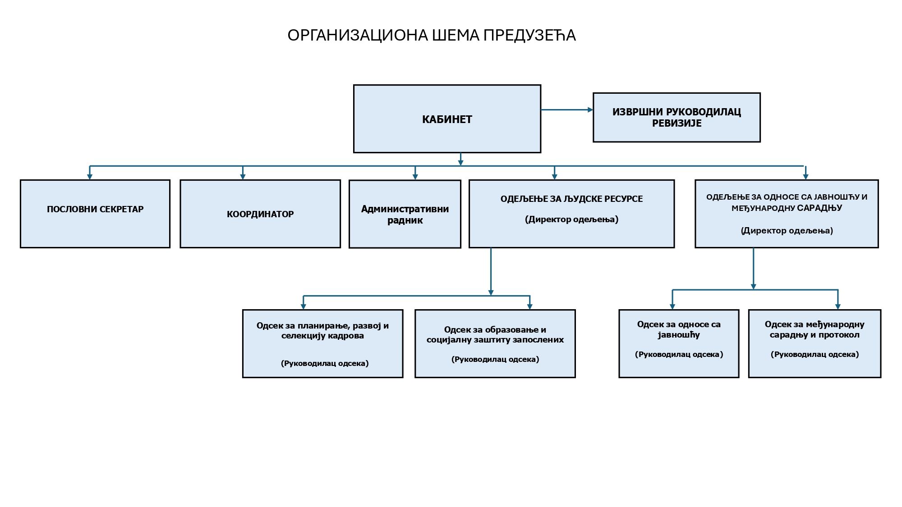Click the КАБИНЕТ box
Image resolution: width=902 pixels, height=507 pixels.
[447, 119]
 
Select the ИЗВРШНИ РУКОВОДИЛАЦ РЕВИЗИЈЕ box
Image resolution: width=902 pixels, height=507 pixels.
[676, 117]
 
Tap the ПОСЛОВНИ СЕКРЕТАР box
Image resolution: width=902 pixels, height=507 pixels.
[95, 214]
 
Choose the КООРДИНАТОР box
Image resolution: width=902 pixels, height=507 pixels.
[260, 214]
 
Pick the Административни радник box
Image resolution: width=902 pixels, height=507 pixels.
[405, 214]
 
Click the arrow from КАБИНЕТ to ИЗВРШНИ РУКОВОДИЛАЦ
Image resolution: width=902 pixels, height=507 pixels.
[567, 110]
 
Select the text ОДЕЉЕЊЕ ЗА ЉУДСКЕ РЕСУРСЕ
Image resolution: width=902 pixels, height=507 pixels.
[571, 199]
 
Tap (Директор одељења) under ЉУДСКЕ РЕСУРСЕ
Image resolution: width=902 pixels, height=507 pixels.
[571, 219]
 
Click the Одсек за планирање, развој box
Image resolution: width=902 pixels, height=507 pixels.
[322, 343]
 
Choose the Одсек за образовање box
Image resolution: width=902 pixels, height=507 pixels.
[495, 343]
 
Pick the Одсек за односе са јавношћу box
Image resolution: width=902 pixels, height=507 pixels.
[679, 343]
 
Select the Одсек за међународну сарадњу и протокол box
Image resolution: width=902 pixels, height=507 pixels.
[815, 343]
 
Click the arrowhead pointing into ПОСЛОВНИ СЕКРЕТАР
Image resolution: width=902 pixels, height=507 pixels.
[90, 177]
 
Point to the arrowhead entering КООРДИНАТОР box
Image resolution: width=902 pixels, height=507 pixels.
[243, 177]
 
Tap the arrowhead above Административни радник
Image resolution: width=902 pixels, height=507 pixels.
[415, 177]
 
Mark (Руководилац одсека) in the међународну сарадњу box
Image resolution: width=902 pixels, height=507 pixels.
[815, 354]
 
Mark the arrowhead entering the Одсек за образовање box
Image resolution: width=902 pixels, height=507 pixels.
[530, 306]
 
